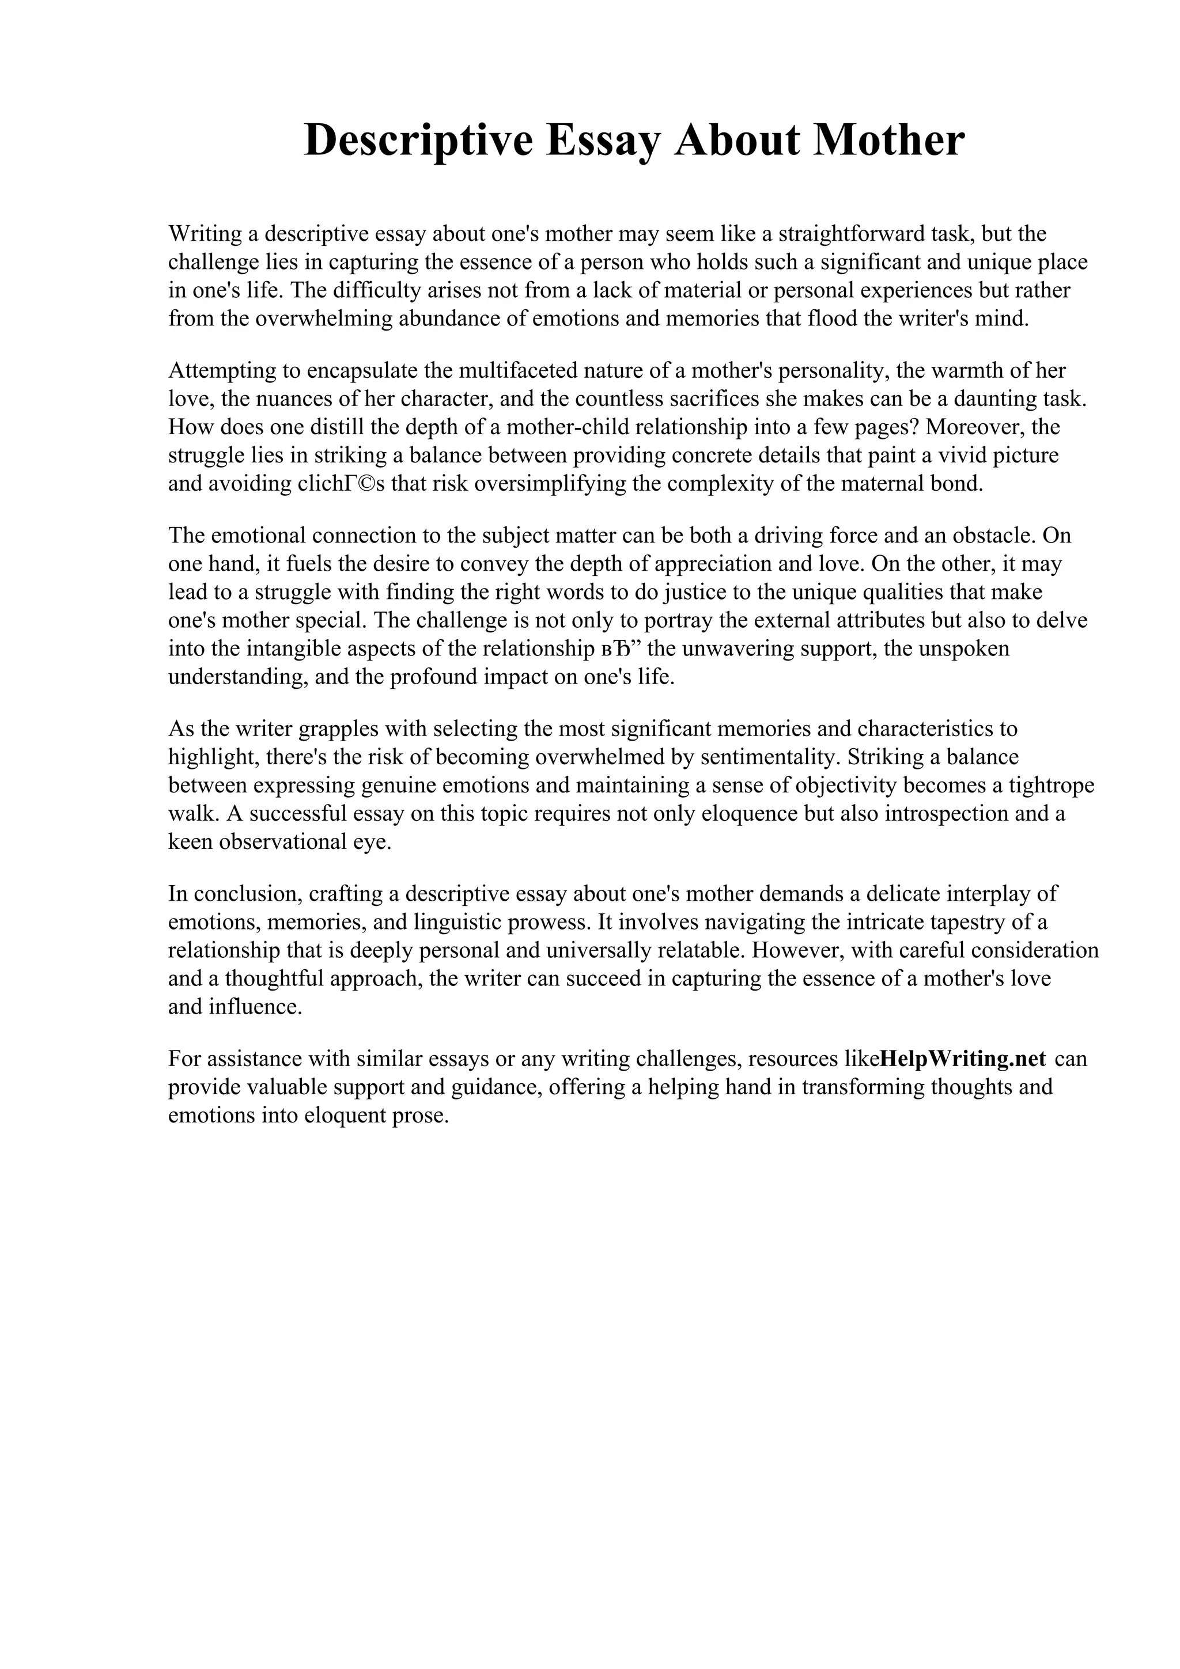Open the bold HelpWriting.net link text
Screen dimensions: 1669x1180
(963, 1059)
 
